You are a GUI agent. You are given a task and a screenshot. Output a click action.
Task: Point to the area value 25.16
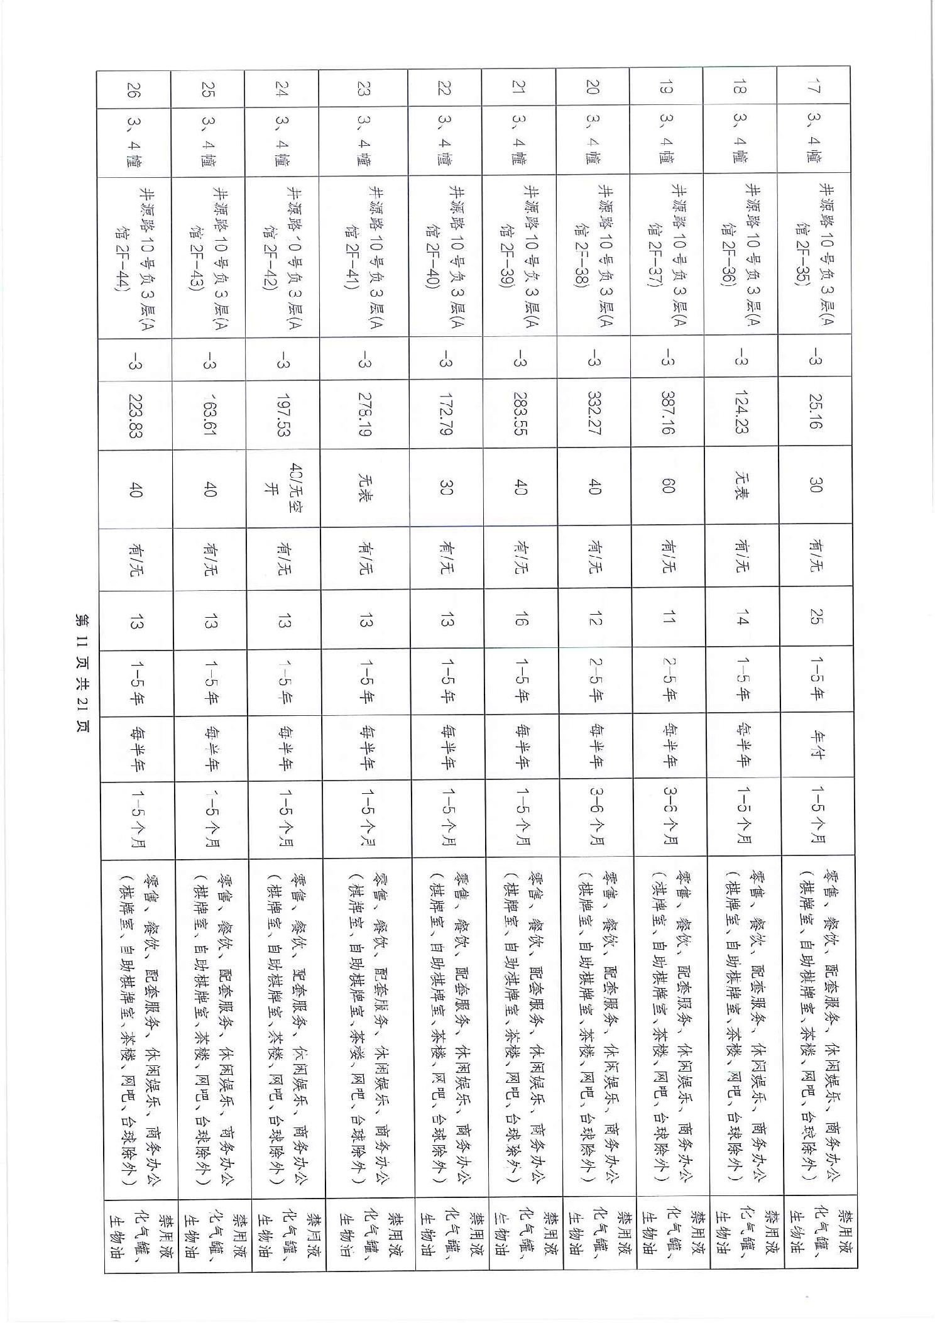pos(814,412)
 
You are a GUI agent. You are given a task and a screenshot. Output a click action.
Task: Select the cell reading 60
pos(668,486)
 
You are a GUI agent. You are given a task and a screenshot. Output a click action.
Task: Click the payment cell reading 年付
pos(815,746)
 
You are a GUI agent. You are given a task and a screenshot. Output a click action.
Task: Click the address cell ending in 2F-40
pos(445,255)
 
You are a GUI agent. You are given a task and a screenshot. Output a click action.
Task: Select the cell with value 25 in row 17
pos(815,618)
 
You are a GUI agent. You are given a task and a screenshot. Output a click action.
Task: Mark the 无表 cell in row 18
pos(741,485)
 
